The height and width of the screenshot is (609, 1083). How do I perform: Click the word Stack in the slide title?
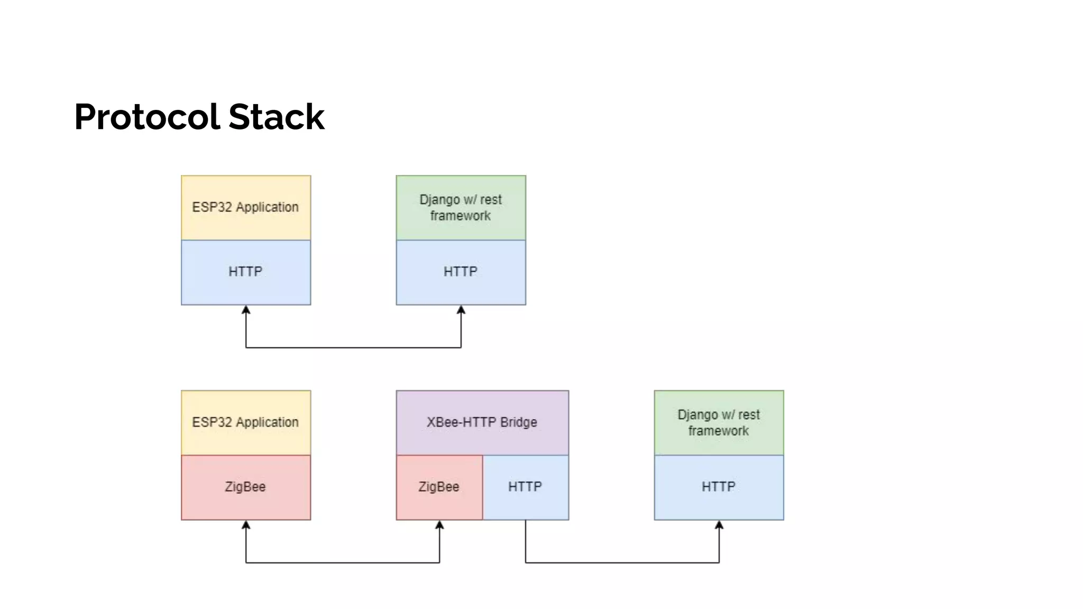point(277,117)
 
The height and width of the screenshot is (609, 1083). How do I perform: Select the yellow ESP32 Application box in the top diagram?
point(246,207)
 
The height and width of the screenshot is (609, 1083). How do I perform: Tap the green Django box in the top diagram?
point(461,207)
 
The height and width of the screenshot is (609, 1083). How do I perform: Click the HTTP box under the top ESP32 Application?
point(246,272)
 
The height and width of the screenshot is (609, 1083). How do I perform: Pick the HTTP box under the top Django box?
point(461,272)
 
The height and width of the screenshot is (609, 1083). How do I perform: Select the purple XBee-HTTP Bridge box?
point(482,422)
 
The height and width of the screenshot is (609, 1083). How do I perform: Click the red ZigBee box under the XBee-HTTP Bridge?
point(439,487)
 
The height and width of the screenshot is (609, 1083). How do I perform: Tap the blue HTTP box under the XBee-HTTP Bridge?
point(526,487)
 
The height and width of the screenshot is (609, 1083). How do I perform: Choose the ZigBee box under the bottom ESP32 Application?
point(246,487)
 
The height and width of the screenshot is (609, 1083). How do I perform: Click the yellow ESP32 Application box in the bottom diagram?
point(246,422)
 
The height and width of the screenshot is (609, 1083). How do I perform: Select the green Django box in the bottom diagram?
point(719,422)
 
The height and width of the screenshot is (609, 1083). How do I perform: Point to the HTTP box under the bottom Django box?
point(719,487)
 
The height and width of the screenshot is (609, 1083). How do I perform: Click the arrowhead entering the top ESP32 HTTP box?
point(246,310)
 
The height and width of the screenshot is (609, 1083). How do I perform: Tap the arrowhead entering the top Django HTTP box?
point(461,310)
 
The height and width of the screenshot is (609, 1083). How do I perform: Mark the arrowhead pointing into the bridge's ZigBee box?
point(439,525)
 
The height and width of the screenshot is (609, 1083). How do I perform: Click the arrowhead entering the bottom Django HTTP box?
point(719,525)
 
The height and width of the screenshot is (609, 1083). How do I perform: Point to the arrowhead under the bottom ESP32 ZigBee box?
point(246,525)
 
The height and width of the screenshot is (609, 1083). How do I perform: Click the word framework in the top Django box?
point(460,216)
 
